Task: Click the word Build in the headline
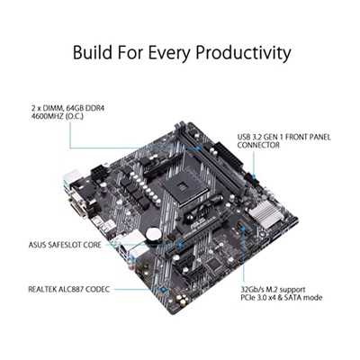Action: [97, 52]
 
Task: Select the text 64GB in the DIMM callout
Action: [67, 107]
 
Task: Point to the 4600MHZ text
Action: [44, 116]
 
